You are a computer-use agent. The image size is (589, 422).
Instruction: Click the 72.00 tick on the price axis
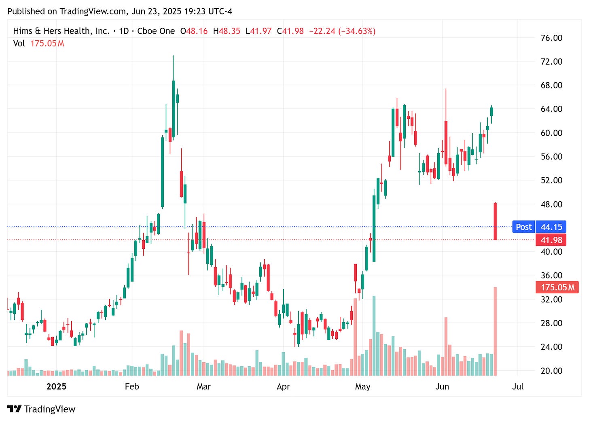click(x=551, y=61)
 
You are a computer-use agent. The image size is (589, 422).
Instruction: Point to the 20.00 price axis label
click(x=551, y=371)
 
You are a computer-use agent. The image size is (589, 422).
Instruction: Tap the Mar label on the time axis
click(x=203, y=386)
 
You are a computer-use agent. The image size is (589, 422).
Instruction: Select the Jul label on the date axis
click(x=517, y=386)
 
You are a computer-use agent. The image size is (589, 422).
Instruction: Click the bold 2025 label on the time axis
click(x=56, y=386)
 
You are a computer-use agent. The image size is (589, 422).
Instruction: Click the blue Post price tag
click(x=523, y=227)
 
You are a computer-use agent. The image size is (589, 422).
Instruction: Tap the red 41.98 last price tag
click(x=551, y=240)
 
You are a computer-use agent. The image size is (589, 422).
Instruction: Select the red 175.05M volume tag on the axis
click(x=557, y=287)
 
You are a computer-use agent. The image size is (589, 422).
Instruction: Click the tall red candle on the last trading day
click(x=495, y=221)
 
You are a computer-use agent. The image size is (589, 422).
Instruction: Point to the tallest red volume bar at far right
click(x=495, y=331)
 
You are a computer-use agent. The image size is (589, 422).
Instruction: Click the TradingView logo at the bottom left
click(x=41, y=409)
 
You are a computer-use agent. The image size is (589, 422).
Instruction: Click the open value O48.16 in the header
click(x=194, y=31)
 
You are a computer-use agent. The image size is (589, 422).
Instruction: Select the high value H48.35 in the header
click(x=227, y=31)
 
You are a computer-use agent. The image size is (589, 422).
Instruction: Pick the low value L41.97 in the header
click(x=258, y=31)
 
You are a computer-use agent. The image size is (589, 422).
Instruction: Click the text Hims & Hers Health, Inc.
click(x=61, y=31)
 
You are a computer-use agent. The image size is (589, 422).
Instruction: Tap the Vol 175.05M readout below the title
click(x=38, y=43)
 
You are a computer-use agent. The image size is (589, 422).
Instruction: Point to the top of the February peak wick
click(x=174, y=56)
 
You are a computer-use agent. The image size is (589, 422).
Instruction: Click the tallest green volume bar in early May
click(x=374, y=335)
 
